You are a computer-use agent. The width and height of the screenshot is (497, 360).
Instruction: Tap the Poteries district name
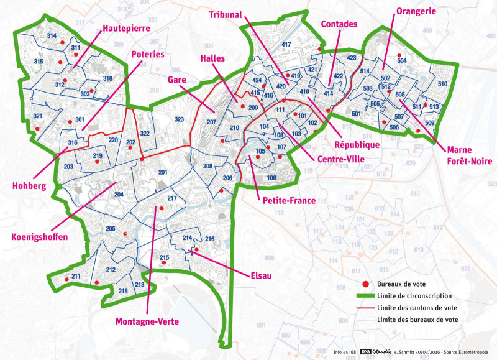pos(148,55)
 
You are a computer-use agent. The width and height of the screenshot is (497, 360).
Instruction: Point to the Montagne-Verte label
pos(147,321)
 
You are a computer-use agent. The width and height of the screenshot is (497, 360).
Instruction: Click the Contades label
pos(339,24)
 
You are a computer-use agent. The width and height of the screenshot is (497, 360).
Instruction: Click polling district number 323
pos(180,119)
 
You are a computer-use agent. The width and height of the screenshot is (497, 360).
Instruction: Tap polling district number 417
pos(286,45)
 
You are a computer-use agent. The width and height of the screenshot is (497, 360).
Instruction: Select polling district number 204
pos(119,195)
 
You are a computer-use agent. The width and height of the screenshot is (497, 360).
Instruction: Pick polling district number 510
pos(442,84)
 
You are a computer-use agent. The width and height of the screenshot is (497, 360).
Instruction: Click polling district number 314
pos(52,36)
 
